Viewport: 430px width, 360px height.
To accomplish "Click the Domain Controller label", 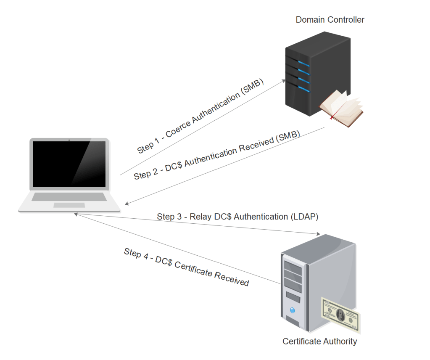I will point(330,20).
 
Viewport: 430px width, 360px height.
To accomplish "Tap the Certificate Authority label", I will point(319,341).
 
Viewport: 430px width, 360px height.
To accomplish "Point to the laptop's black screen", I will point(69,164).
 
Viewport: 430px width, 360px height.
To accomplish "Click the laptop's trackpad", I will point(69,205).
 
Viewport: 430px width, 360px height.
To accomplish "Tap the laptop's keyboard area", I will point(69,196).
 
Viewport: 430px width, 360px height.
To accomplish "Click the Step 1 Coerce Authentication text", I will point(200,116).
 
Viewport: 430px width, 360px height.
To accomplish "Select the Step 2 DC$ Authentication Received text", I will point(216,155).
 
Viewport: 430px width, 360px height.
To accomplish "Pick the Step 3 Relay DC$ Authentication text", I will point(237,217).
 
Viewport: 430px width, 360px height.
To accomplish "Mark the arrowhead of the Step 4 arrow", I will point(77,214).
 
